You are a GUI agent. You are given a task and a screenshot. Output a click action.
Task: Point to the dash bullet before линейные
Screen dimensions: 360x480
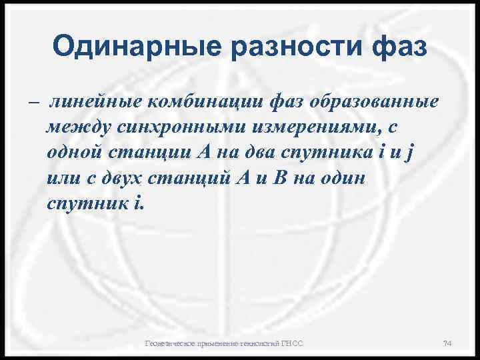click(x=34, y=103)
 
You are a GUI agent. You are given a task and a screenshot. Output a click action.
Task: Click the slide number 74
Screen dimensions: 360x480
click(x=447, y=343)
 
